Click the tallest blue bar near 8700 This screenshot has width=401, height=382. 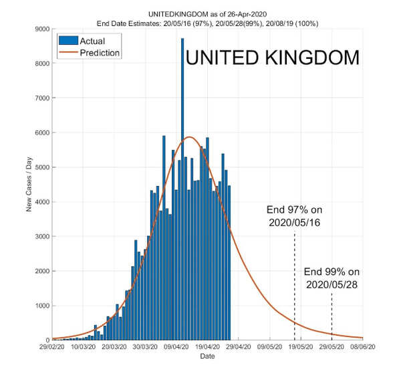(182, 187)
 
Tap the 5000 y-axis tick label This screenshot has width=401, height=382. (41, 167)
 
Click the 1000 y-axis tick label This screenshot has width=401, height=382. (41, 306)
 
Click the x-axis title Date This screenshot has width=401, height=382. (207, 357)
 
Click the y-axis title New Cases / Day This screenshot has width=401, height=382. (29, 185)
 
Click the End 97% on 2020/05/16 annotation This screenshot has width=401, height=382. (294, 215)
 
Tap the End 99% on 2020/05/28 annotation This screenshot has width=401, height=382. (332, 278)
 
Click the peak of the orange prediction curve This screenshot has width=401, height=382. (189, 137)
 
